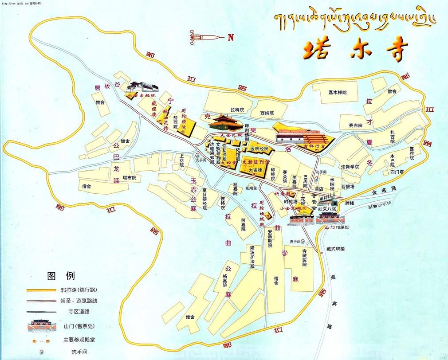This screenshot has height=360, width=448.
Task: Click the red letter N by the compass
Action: (x=230, y=37)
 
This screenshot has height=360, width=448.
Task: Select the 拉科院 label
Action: (x=237, y=109)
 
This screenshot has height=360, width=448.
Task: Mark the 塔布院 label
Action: (x=129, y=178)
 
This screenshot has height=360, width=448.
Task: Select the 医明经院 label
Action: (x=259, y=149)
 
